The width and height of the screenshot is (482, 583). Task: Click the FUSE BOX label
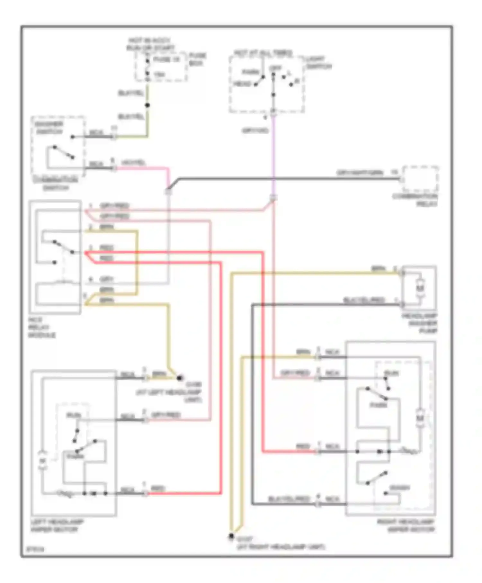pyautogui.click(x=197, y=59)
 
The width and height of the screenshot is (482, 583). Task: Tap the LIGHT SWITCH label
pyautogui.click(x=318, y=63)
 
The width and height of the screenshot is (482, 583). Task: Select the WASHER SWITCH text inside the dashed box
pyautogui.click(x=49, y=128)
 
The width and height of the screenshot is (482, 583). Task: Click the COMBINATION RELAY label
pyautogui.click(x=415, y=200)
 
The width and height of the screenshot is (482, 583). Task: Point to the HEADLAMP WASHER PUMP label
pyautogui.click(x=419, y=323)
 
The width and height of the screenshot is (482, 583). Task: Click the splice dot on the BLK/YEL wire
pyautogui.click(x=147, y=105)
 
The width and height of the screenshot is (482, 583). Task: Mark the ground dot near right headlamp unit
pyautogui.click(x=231, y=536)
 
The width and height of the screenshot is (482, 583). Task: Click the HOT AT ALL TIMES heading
pyautogui.click(x=263, y=53)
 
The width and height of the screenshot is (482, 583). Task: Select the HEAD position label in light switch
pyautogui.click(x=242, y=84)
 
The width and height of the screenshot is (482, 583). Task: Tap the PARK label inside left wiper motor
pyautogui.click(x=75, y=456)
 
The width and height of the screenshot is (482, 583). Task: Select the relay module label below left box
pyautogui.click(x=42, y=327)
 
